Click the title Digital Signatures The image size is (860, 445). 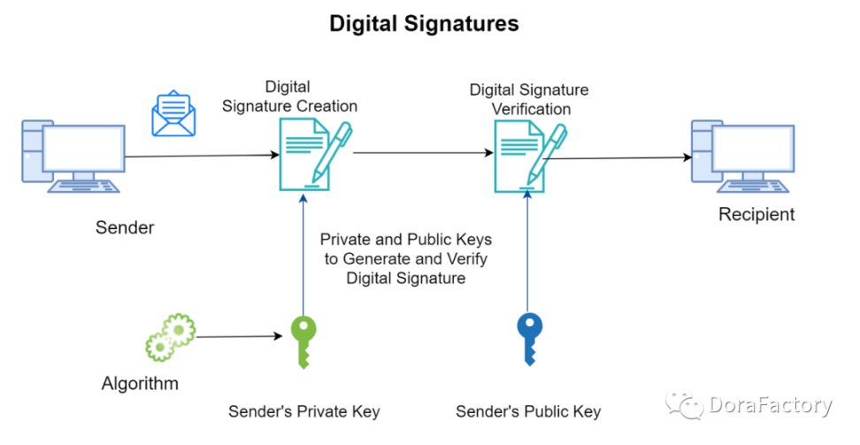point(424,24)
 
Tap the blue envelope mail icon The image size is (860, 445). point(173,114)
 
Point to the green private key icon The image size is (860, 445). point(303,341)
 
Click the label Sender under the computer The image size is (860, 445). point(125,228)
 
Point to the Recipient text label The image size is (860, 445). point(756,214)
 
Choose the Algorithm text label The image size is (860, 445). point(140,384)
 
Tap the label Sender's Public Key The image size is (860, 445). point(528,411)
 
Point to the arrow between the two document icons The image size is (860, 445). point(423,153)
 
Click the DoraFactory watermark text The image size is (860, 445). point(770,406)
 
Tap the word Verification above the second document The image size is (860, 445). point(530,109)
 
